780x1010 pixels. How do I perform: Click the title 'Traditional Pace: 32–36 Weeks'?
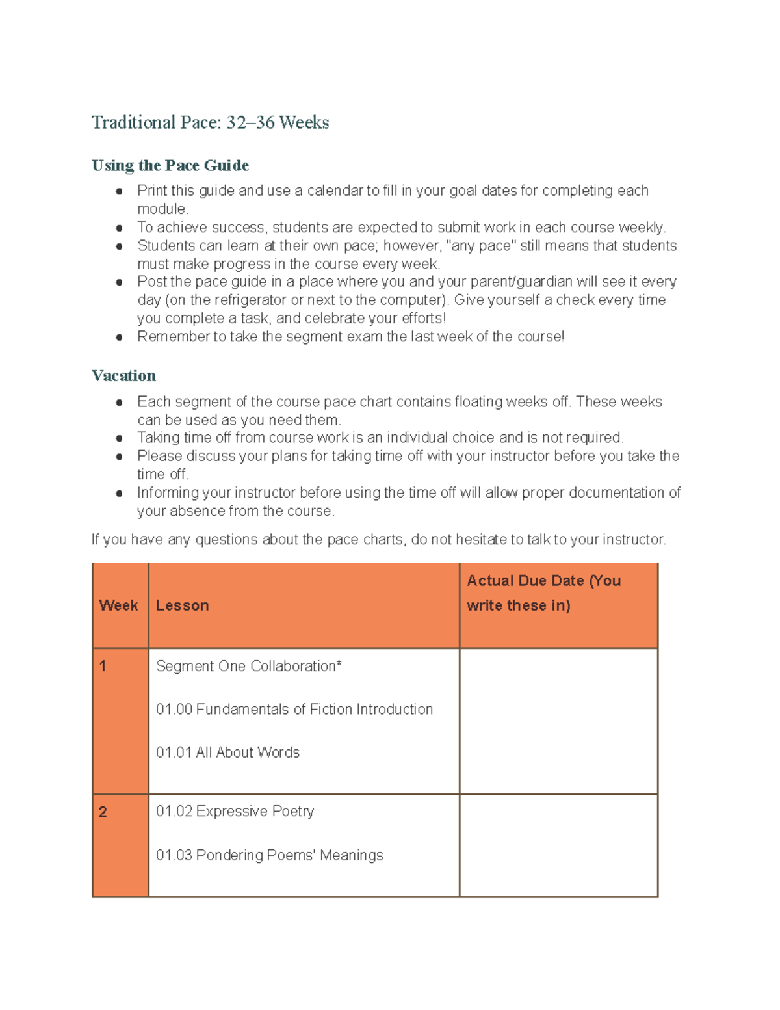tap(210, 122)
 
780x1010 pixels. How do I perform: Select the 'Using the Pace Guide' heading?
tap(170, 165)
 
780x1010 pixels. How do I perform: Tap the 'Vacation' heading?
tap(123, 376)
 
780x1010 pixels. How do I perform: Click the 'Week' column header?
tap(118, 605)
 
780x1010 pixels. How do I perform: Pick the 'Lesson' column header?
tap(182, 605)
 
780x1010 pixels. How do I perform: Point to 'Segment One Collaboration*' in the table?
tap(248, 666)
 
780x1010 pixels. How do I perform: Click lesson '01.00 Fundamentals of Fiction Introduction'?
tap(294, 709)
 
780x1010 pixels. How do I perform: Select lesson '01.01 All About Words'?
tap(227, 752)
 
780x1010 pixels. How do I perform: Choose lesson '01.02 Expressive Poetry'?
tap(235, 811)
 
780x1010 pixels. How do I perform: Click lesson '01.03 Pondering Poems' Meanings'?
tap(269, 855)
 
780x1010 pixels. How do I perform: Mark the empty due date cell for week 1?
tap(558, 721)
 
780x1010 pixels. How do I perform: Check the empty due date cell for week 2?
tap(558, 845)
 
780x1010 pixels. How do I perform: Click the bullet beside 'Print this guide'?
tap(119, 191)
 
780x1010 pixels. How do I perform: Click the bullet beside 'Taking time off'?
tap(119, 438)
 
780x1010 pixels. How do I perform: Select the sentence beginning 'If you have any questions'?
tap(378, 539)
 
